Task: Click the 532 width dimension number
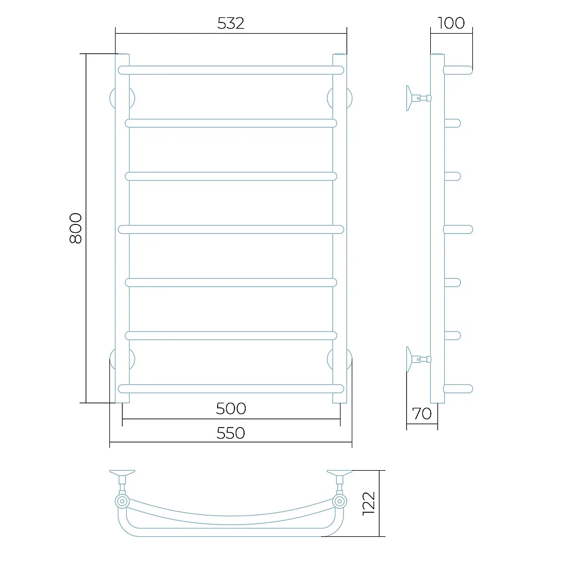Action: [x=231, y=24]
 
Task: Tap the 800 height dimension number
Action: [x=76, y=228]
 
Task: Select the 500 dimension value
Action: [x=231, y=408]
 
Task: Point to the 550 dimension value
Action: [x=231, y=433]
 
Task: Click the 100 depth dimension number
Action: [x=451, y=23]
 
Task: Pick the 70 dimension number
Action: [x=422, y=414]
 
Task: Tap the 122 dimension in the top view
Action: [x=369, y=503]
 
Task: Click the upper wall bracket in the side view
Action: [x=419, y=98]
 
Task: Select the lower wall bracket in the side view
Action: [x=419, y=359]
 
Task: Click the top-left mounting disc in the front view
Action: [x=122, y=98]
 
